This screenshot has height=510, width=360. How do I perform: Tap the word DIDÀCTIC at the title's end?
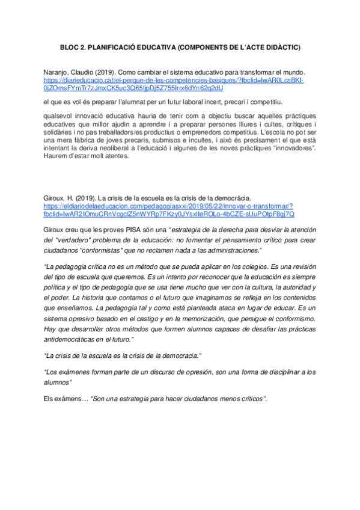(x=280, y=46)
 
